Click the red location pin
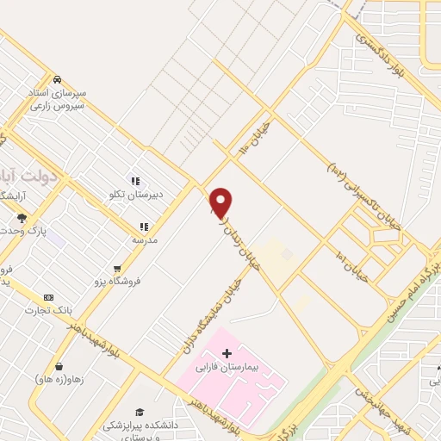221,202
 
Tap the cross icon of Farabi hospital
227,352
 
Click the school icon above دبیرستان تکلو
135,181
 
